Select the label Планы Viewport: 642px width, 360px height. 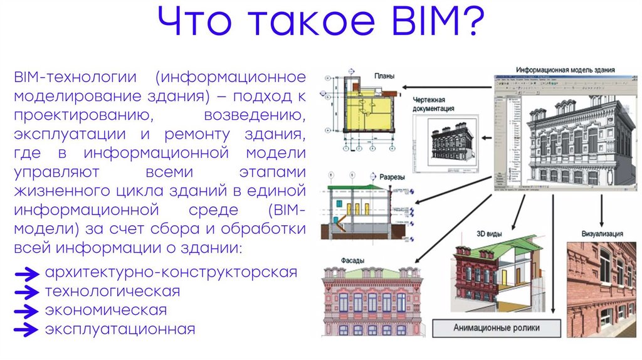coord(384,77)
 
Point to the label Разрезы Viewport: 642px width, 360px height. coord(392,177)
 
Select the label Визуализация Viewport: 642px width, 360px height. coord(603,234)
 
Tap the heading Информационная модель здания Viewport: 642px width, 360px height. coord(565,70)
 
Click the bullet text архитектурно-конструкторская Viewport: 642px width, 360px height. coord(170,273)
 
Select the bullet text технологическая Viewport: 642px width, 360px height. coord(112,292)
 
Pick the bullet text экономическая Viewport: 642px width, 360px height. coord(105,310)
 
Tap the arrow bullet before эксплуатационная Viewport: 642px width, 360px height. coord(27,329)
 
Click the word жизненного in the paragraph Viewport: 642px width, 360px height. coord(60,190)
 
